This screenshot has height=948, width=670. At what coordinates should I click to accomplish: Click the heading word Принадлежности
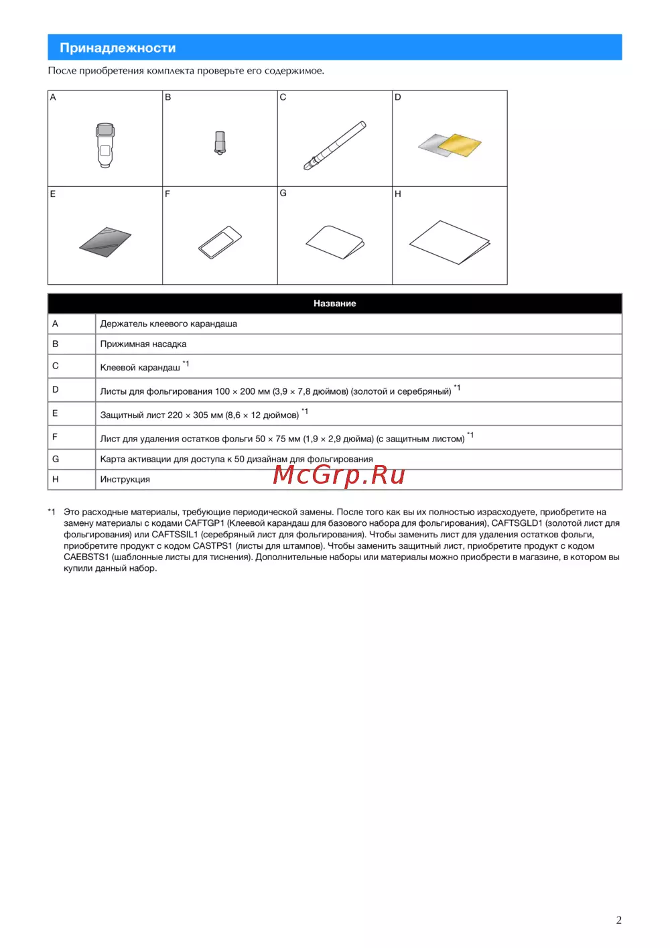[x=118, y=48]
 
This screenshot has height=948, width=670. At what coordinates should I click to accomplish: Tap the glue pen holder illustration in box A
[x=105, y=145]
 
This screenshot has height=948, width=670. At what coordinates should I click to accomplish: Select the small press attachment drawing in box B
[x=220, y=143]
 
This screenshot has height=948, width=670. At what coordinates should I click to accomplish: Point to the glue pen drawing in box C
[x=334, y=145]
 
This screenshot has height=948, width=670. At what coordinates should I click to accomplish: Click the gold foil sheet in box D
[x=460, y=144]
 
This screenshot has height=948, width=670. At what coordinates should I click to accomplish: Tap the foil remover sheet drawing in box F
[x=220, y=242]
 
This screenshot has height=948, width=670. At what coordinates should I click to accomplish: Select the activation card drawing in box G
[x=335, y=242]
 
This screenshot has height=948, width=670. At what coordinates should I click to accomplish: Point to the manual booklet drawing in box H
[x=450, y=242]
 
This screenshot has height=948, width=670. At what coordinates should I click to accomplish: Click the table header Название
[x=334, y=303]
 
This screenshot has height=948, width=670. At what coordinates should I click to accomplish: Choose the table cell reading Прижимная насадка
[x=143, y=344]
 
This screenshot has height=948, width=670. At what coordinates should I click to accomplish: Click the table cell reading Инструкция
[x=125, y=480]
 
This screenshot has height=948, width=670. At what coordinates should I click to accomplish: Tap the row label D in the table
[x=56, y=390]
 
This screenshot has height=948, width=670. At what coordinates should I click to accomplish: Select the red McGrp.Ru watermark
[x=339, y=474]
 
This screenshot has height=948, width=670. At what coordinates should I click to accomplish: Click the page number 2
[x=618, y=920]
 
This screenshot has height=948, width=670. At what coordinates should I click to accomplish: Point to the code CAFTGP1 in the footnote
[x=204, y=523]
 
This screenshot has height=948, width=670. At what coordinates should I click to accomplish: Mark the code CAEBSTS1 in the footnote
[x=86, y=557]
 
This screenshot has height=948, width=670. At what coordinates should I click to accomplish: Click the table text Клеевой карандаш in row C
[x=140, y=368]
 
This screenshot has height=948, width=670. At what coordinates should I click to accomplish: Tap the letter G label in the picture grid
[x=283, y=193]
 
